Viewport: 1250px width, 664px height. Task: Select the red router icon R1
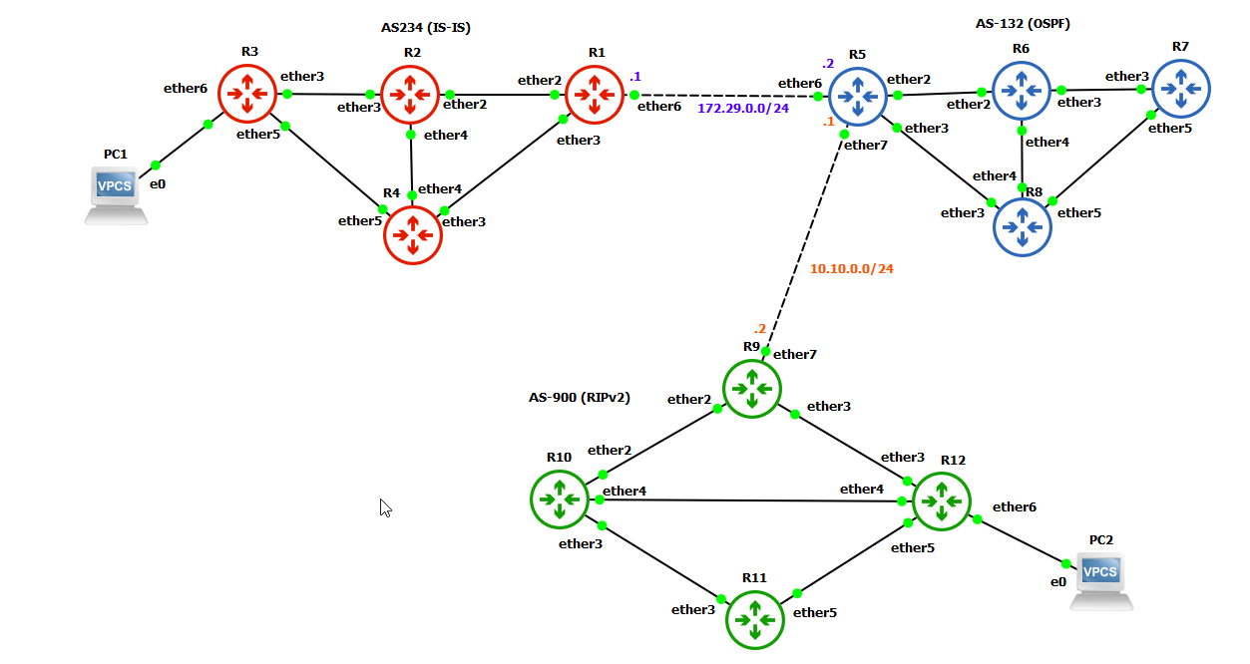click(x=595, y=96)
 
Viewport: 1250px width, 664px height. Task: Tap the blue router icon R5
click(x=859, y=97)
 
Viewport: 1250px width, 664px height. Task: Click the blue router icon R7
click(x=1181, y=90)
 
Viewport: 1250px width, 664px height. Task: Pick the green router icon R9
click(x=751, y=388)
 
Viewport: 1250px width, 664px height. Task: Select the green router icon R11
click(x=754, y=619)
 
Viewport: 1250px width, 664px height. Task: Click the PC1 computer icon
click(x=116, y=193)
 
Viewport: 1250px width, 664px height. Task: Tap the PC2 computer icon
click(x=1101, y=579)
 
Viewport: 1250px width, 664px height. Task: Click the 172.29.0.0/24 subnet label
click(x=742, y=108)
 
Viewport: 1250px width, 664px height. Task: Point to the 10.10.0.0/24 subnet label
click(x=851, y=268)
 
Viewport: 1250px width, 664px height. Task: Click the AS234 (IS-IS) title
click(x=425, y=28)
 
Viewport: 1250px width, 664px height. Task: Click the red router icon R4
click(x=413, y=235)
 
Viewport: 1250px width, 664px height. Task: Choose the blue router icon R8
click(x=1022, y=226)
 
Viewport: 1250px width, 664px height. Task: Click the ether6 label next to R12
click(x=1014, y=506)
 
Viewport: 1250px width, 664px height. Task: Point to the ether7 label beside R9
click(x=794, y=354)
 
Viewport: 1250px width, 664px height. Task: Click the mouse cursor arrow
click(x=385, y=507)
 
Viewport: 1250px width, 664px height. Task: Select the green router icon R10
click(x=559, y=498)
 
